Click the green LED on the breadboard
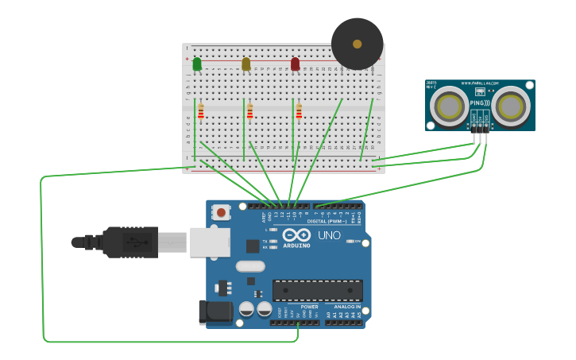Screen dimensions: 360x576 pyautogui.click(x=197, y=64)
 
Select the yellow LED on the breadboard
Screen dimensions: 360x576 pyautogui.click(x=245, y=64)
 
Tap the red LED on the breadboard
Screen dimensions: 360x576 pyautogui.click(x=295, y=64)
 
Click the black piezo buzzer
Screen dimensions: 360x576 pyautogui.click(x=357, y=44)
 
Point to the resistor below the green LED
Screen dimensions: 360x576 pyautogui.click(x=201, y=111)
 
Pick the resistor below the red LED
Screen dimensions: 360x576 pyautogui.click(x=299, y=111)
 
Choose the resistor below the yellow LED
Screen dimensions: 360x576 pyautogui.click(x=249, y=111)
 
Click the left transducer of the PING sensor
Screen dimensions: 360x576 pyautogui.click(x=449, y=106)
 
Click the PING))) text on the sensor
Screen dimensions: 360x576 pyautogui.click(x=480, y=103)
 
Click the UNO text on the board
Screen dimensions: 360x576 pyautogui.click(x=329, y=235)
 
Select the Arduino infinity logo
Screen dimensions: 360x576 pyautogui.click(x=296, y=235)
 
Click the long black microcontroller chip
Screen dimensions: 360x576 pyautogui.click(x=317, y=290)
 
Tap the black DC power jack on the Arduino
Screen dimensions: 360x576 pyautogui.click(x=215, y=312)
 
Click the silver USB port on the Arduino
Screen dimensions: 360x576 pyautogui.click(x=209, y=242)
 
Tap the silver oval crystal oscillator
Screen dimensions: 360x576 pyautogui.click(x=249, y=266)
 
